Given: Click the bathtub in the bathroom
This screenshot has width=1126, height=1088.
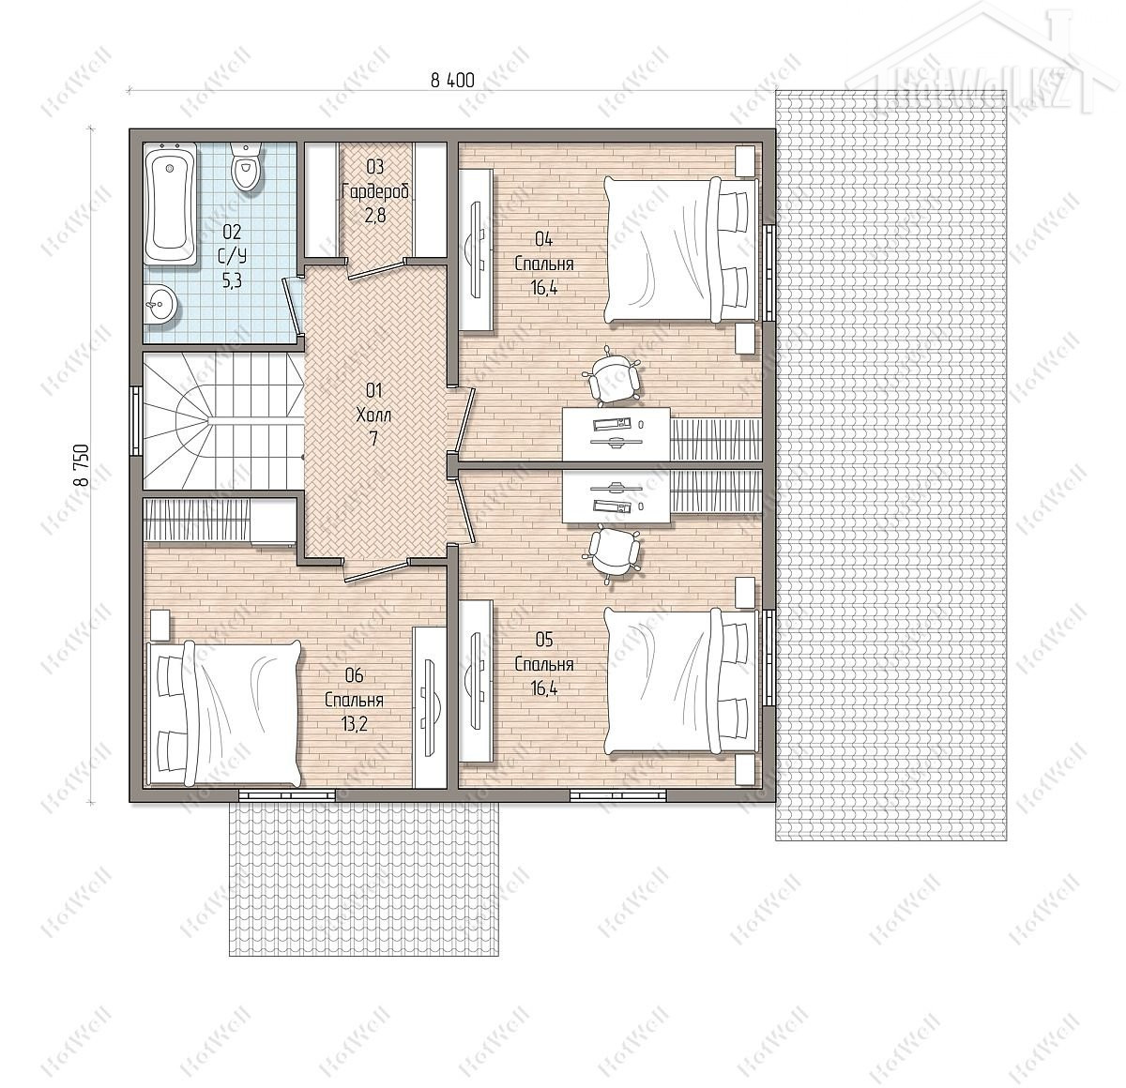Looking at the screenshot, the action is [x=170, y=205].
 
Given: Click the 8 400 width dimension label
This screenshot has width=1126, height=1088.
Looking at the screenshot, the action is [x=452, y=80].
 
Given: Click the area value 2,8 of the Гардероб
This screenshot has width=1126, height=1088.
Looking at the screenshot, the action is [x=374, y=216].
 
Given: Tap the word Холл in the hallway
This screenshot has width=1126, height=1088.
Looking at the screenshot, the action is [x=373, y=415].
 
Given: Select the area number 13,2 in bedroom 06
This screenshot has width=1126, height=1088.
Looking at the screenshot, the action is [x=354, y=723].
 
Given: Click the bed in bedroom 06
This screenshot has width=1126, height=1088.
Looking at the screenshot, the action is [x=224, y=712].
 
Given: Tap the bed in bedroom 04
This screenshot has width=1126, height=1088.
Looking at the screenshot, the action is [x=680, y=249].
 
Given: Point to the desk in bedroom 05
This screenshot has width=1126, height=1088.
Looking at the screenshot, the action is [x=616, y=497].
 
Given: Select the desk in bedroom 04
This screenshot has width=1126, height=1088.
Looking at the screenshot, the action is [x=616, y=434].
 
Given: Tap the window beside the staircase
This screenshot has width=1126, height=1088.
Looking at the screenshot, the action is [x=136, y=420].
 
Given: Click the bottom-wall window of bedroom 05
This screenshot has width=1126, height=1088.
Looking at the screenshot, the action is [x=618, y=795].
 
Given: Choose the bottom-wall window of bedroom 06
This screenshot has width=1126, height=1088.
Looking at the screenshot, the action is [x=287, y=795].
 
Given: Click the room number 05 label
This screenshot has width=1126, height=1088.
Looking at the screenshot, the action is [x=544, y=639].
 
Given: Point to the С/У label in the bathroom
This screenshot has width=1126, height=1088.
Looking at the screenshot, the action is [x=232, y=257].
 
